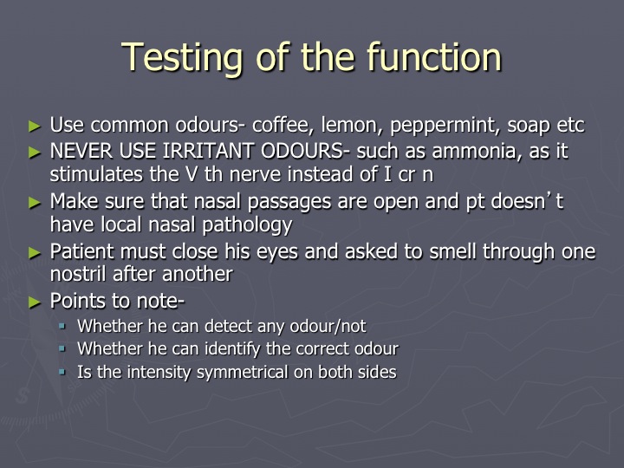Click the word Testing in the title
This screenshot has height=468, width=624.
point(182,58)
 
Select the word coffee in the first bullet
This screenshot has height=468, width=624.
point(282,125)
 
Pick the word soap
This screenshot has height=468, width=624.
point(528,127)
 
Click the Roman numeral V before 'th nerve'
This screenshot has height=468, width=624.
point(192,174)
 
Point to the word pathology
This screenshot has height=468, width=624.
point(247,225)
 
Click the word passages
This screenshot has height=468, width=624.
point(289,202)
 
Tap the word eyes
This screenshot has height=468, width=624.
point(277,252)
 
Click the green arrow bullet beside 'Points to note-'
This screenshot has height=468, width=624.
point(35,302)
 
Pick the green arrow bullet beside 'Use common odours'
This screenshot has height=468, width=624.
point(35,127)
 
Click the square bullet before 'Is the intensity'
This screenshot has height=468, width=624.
point(62,372)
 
